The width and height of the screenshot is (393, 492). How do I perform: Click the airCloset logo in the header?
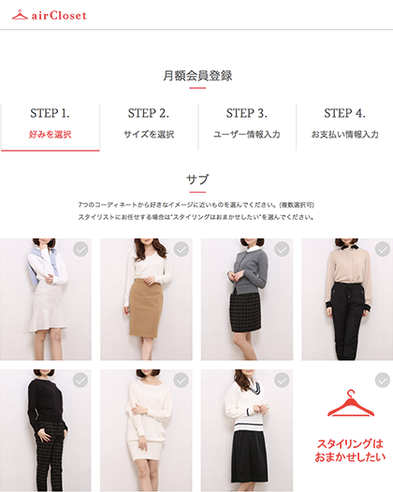click(49, 15)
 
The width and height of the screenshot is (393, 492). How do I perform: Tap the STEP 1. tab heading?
click(50, 113)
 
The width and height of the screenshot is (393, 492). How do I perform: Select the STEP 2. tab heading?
click(149, 113)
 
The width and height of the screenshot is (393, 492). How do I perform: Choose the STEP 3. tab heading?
click(247, 113)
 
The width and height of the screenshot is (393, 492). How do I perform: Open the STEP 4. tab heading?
click(344, 113)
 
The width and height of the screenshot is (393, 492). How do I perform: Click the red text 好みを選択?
click(51, 135)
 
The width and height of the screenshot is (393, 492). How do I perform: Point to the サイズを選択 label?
click(149, 135)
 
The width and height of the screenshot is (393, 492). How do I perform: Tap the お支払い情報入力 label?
click(344, 135)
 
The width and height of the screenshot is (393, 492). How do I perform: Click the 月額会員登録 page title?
click(197, 76)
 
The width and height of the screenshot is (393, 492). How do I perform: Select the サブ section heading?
click(197, 180)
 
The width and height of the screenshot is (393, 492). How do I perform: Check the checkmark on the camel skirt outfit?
click(182, 250)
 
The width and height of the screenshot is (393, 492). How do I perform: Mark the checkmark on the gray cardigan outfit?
click(282, 250)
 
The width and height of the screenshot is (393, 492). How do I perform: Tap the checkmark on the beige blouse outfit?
click(383, 250)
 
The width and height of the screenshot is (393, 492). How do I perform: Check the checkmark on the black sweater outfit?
click(80, 381)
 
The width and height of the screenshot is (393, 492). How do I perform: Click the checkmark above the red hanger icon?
click(383, 381)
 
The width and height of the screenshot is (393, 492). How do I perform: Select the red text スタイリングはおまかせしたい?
click(350, 450)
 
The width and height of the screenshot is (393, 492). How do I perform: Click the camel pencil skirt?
click(146, 308)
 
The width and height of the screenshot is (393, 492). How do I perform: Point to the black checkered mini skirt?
click(245, 312)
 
